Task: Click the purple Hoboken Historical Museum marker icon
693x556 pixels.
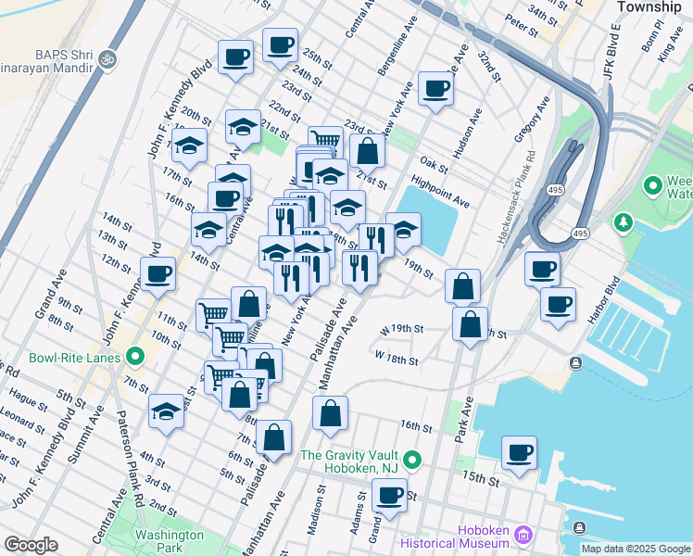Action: (523, 535)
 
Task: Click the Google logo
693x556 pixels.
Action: (31, 545)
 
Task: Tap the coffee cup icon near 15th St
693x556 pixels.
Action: (519, 453)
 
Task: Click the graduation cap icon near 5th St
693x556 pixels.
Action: (167, 411)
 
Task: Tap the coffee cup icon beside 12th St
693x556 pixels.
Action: (158, 273)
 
